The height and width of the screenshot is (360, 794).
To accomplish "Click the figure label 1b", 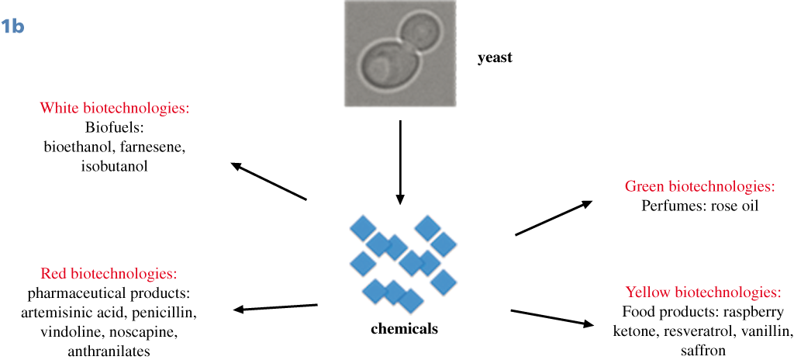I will click(13, 26).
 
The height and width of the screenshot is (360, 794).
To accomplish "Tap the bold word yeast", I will click(495, 57).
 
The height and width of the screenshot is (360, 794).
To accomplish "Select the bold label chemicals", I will click(404, 328).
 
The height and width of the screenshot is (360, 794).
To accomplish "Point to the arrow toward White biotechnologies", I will click(269, 182).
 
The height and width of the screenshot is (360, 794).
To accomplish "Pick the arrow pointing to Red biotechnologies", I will click(275, 308).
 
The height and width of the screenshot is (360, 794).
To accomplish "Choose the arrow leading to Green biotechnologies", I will click(554, 217).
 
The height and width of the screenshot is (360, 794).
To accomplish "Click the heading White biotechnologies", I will click(114, 108).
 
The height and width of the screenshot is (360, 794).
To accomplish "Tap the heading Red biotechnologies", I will click(108, 274).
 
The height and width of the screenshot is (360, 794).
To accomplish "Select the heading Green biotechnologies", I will click(699, 187).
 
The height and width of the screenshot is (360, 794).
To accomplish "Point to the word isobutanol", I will click(115, 166).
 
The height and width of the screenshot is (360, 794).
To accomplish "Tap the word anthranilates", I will click(109, 351).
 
